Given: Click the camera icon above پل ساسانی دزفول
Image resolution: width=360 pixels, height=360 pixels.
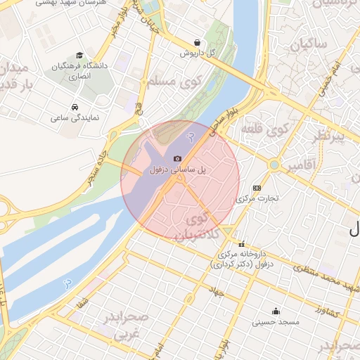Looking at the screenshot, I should coord(177,159).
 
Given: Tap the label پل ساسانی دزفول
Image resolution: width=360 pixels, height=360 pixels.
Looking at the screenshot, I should coord(177,170).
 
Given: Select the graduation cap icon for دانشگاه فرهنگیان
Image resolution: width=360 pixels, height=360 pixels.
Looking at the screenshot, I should coord(79,56).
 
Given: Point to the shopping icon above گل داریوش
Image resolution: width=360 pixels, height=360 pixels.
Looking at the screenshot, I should coord(196,41).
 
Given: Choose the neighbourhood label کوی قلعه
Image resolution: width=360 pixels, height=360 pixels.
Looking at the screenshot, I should coord(265,129).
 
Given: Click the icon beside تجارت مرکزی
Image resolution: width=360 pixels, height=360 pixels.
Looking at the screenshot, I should coord(256,188).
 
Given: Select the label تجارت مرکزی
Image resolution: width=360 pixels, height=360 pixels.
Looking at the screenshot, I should coord(259,198).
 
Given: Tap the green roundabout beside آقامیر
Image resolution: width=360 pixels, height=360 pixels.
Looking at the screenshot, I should coord(273,165).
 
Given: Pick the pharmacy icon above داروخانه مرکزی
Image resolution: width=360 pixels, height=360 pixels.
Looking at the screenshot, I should coord(242,244).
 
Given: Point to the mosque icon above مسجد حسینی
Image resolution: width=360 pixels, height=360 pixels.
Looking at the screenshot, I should coord(276,311).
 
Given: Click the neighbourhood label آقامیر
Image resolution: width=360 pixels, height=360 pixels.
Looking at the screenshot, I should coord(307,164).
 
